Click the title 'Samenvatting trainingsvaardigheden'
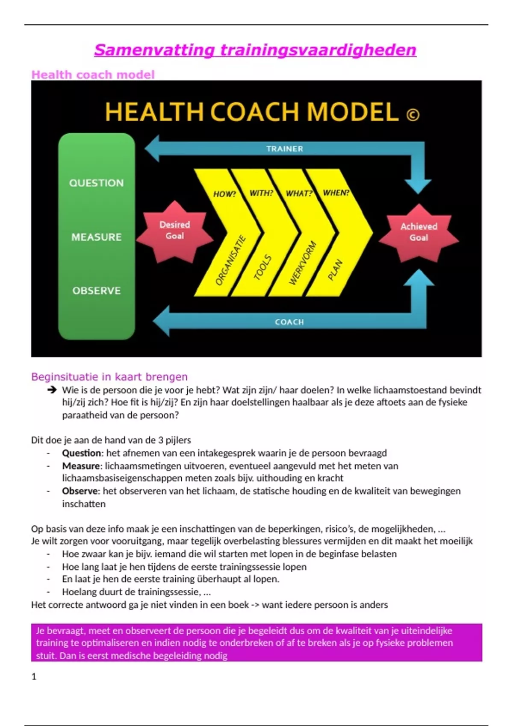(255, 50)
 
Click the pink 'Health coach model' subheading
(93, 75)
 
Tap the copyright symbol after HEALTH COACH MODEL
(413, 115)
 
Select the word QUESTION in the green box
(97, 183)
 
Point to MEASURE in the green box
(97, 237)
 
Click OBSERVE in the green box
(97, 291)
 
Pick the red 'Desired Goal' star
(174, 231)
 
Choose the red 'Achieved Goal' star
(419, 232)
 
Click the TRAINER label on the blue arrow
(284, 149)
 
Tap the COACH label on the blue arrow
(289, 322)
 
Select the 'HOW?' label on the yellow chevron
(224, 194)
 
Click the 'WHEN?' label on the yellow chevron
(336, 193)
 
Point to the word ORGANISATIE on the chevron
(230, 260)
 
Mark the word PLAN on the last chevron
(335, 270)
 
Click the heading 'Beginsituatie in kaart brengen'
(109, 377)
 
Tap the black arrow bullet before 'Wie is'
(52, 389)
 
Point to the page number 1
(34, 676)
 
